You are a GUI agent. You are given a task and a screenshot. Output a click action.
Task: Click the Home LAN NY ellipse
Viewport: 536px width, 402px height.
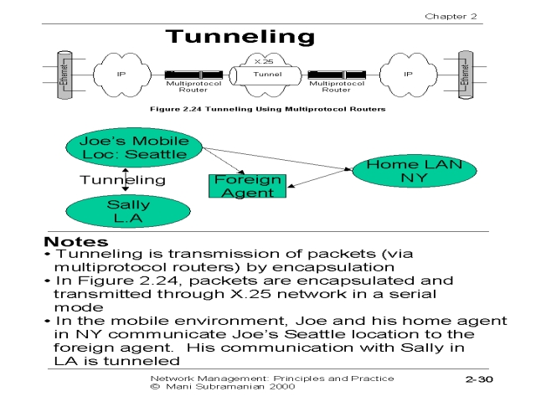(x=408, y=172)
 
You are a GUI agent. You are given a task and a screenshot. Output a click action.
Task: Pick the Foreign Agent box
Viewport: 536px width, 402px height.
(x=247, y=186)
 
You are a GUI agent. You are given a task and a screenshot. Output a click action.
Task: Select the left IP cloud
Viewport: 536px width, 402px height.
(x=121, y=74)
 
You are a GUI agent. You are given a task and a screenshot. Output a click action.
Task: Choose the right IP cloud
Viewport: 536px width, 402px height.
(x=408, y=74)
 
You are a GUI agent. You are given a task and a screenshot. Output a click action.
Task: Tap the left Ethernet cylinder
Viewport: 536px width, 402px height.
(x=63, y=74)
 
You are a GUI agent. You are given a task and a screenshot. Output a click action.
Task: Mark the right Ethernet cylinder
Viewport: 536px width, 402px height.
(x=466, y=74)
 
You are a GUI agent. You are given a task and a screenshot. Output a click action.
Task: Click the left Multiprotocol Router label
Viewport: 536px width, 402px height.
(x=193, y=87)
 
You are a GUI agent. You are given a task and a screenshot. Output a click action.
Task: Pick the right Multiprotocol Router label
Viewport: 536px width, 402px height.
(x=338, y=87)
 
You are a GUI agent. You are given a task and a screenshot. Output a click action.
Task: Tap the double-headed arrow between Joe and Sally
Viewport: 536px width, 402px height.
(x=126, y=179)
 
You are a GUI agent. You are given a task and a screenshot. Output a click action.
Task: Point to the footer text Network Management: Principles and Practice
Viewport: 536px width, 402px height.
(x=271, y=379)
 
